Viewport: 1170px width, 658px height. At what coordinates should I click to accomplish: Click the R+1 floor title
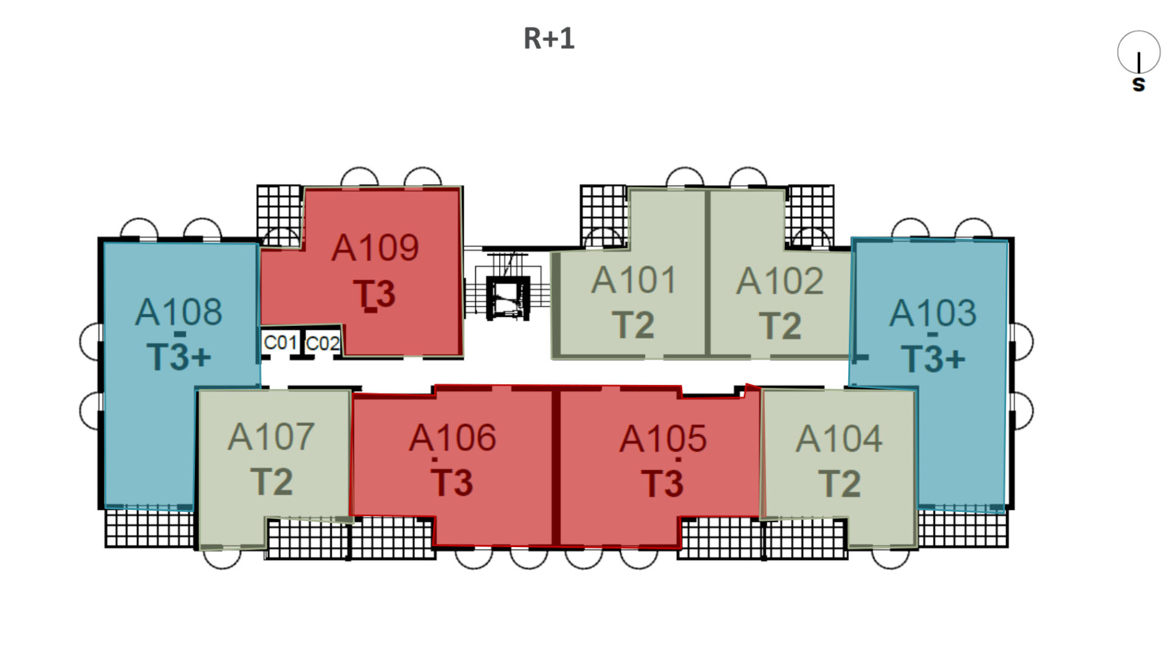(548, 38)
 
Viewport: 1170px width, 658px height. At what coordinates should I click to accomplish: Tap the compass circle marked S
(1138, 52)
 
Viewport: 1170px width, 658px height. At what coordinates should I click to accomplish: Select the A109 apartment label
(375, 248)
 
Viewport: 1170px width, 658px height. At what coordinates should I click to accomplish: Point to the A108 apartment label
(179, 312)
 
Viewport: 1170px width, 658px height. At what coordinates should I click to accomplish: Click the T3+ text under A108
(179, 356)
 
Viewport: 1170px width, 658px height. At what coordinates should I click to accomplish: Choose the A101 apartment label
(634, 280)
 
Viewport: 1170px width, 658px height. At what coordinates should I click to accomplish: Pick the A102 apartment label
(780, 281)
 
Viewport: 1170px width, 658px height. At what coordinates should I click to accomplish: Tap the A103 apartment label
(932, 313)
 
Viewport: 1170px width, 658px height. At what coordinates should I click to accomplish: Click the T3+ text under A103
(932, 358)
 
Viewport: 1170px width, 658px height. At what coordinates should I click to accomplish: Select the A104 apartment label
(838, 439)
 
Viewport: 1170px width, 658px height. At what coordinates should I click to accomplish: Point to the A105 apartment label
(663, 439)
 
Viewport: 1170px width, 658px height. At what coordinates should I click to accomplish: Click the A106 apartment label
(452, 438)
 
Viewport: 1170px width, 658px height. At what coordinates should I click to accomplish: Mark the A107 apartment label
(271, 437)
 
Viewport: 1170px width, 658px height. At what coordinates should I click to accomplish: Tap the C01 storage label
(280, 343)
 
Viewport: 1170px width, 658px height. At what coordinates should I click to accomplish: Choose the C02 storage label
(322, 344)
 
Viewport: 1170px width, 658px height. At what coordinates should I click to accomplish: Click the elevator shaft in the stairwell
(508, 298)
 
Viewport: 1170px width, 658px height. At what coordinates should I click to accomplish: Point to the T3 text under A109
(375, 294)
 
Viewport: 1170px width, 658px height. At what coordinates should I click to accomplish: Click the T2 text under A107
(271, 482)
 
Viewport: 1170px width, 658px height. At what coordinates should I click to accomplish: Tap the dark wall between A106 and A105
(556, 466)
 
